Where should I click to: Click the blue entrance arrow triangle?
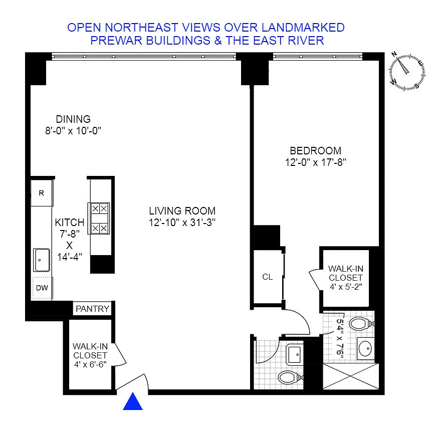[133, 401]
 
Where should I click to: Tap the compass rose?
[406, 71]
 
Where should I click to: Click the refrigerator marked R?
[42, 193]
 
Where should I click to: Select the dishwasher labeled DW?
[42, 288]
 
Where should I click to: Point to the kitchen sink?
[42, 260]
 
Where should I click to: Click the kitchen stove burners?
[99, 219]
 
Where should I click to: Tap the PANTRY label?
[92, 309]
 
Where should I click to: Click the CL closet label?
[268, 277]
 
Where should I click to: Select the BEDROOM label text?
[316, 151]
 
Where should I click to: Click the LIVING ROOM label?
[182, 211]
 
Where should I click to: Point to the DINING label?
[73, 119]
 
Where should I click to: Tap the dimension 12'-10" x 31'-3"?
[182, 223]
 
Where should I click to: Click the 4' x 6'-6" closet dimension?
[90, 364]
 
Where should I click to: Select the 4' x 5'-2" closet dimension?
[346, 287]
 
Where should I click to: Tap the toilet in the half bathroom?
[290, 377]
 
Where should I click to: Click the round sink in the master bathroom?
[366, 348]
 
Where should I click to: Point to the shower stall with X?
[351, 376]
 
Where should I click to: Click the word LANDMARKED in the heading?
[303, 28]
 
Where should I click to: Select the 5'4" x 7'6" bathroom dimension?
[340, 339]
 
